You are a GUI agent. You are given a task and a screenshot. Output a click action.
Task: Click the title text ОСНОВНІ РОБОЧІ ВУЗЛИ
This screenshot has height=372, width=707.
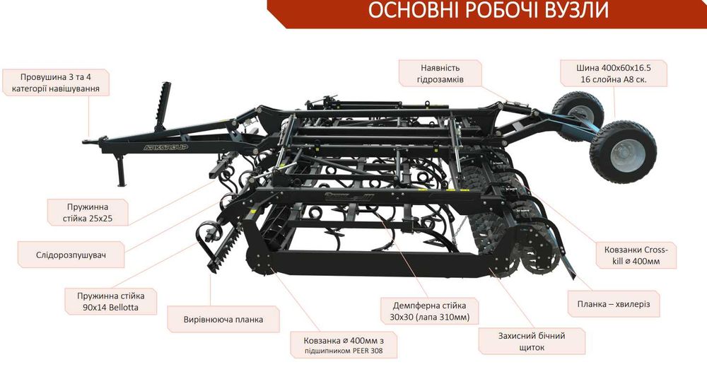pos(488,11)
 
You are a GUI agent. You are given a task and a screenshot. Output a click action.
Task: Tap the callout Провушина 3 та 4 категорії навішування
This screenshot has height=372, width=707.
pos(55,83)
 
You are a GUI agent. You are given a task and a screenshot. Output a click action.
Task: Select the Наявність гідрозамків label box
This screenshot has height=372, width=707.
pos(440,74)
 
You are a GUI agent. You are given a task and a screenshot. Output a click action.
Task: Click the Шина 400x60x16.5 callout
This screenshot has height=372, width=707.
pos(613,74)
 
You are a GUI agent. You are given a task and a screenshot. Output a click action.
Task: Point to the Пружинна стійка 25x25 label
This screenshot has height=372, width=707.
pos(88,213)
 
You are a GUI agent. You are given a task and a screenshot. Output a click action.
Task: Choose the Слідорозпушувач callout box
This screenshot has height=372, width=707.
pos(71,255)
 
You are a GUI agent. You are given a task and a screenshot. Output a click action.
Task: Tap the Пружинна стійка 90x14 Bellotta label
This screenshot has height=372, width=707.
pos(111,302)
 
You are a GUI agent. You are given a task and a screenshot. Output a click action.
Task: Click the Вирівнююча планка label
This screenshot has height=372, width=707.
pos(223,319)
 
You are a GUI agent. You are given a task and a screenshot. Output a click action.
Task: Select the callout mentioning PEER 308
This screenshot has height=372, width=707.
pos(344,345)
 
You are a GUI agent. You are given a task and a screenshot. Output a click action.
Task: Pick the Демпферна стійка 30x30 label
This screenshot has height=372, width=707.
pos(430,311)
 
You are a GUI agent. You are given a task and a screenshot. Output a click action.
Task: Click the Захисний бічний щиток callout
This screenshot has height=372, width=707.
pos(532,342)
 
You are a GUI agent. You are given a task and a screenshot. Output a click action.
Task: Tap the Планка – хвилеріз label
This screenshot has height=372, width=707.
pos(614,304)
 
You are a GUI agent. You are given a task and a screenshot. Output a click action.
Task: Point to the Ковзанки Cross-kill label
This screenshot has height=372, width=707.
pos(636,255)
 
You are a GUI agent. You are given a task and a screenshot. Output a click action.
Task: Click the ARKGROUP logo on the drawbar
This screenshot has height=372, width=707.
pos(165,147)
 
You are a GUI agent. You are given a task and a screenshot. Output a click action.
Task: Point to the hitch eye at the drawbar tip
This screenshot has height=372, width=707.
pos(88,141)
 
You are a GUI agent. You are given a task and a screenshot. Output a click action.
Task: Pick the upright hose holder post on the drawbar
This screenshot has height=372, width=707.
pos(163,106)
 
